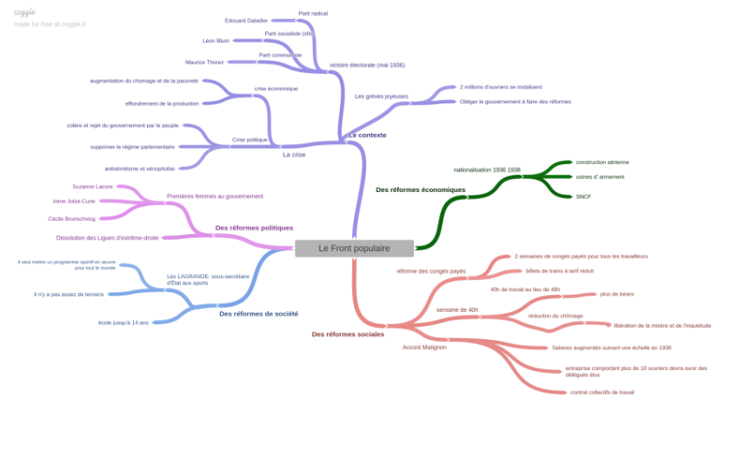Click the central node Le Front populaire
coord(354,249)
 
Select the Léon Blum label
coord(216,41)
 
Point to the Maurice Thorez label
coord(204,63)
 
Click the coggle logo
coord(24,12)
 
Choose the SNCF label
coord(583,196)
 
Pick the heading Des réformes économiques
coord(420,189)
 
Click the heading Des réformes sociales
coord(348,334)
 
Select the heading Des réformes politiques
coord(254,228)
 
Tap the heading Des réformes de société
coord(258,314)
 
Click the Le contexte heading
coord(367,136)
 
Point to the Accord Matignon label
coord(424,347)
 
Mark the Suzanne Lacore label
coord(92,187)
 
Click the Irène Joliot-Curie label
coord(74,201)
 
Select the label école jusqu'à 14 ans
coord(123,322)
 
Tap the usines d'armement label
coord(600,176)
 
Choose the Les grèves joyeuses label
coord(381,96)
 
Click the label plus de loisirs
coord(616,294)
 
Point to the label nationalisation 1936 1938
coord(487,169)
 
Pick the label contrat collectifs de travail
coord(602,392)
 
